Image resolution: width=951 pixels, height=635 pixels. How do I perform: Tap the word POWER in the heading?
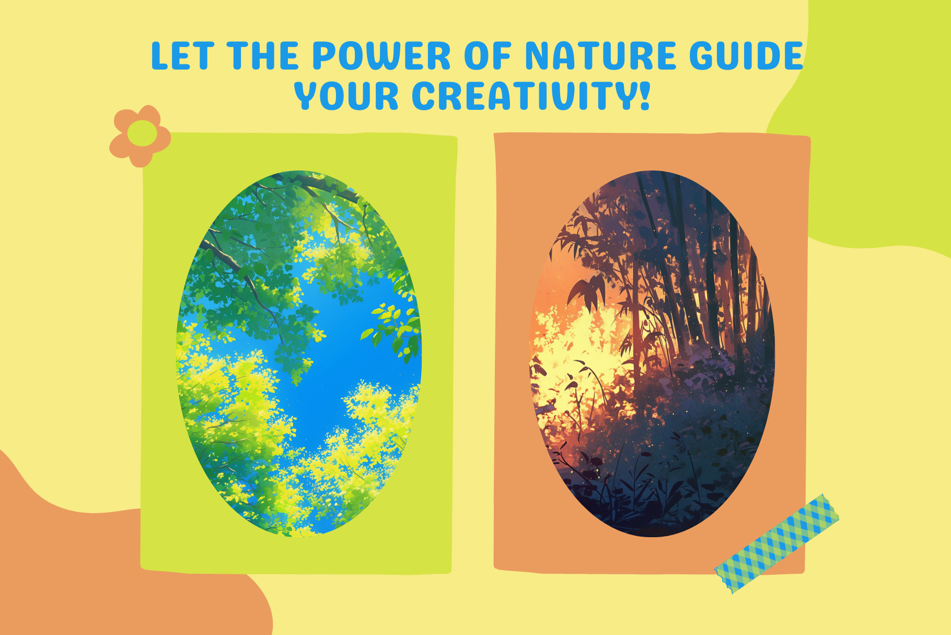(x=381, y=56)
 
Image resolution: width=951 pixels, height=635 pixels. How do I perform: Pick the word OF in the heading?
(x=488, y=56)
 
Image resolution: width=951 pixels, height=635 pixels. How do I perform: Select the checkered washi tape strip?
(x=776, y=543)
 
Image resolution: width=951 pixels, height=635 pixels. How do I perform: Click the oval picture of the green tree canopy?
(x=299, y=354)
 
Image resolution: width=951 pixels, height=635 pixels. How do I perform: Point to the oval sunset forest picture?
(x=652, y=354)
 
